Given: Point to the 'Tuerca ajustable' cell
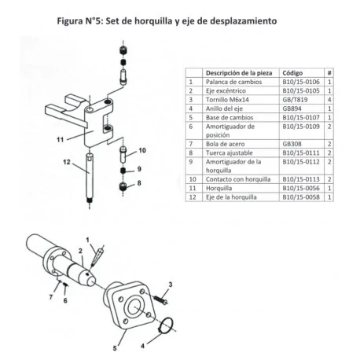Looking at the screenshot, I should click(x=228, y=153).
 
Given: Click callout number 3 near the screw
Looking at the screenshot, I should click(x=170, y=282).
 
